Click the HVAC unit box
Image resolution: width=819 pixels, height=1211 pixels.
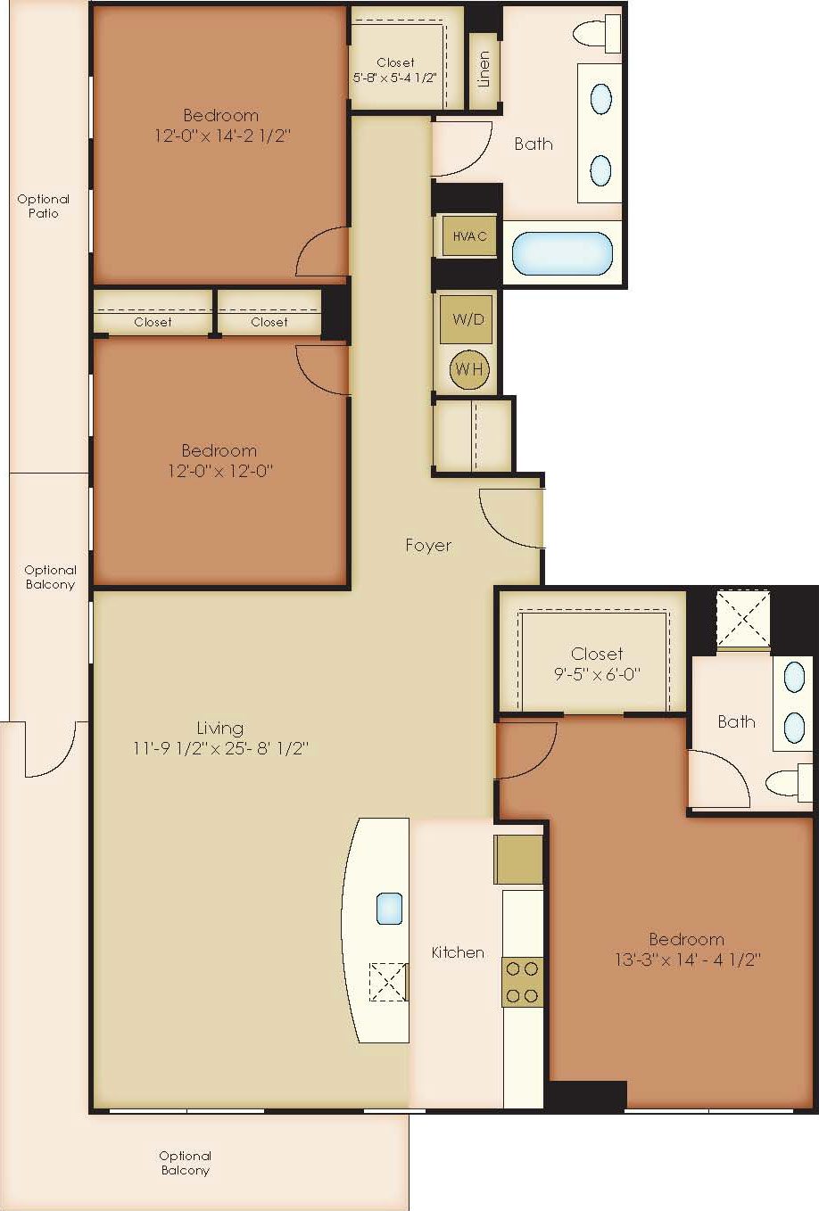point(469,236)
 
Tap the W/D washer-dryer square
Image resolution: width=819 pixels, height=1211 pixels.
point(466,319)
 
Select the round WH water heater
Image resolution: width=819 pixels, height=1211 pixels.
point(469,369)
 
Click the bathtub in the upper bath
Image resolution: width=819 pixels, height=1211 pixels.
point(563,253)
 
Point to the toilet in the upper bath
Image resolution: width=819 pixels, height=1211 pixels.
point(596,34)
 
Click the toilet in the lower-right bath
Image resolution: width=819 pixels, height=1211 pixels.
point(790,782)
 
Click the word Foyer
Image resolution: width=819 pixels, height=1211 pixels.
point(428,545)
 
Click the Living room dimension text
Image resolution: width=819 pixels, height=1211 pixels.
point(220,749)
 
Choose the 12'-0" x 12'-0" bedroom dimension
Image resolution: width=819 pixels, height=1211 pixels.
point(219,471)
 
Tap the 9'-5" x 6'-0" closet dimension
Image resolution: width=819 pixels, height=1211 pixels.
point(597,674)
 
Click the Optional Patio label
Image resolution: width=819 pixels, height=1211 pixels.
point(44,206)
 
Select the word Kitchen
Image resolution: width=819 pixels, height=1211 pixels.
point(458,952)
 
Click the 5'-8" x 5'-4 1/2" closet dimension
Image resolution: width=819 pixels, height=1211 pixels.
point(395,78)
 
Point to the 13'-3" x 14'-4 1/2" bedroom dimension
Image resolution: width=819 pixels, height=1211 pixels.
point(688,960)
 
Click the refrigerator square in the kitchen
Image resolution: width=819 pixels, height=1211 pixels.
point(518,860)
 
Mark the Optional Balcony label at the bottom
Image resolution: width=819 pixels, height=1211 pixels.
point(185,1163)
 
